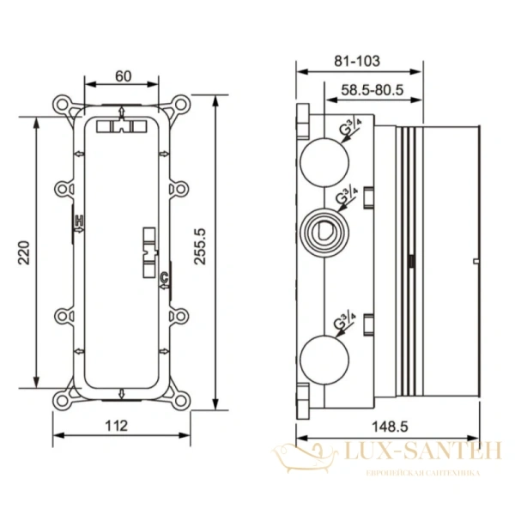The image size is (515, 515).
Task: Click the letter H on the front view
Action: [x=77, y=221]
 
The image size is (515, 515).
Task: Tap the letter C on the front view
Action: [x=163, y=274]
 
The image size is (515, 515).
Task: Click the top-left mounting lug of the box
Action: [x=64, y=108]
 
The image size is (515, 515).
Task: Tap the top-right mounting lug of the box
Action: [x=181, y=108]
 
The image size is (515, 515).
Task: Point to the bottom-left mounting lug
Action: [x=64, y=397]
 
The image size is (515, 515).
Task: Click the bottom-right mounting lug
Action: [x=181, y=397]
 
